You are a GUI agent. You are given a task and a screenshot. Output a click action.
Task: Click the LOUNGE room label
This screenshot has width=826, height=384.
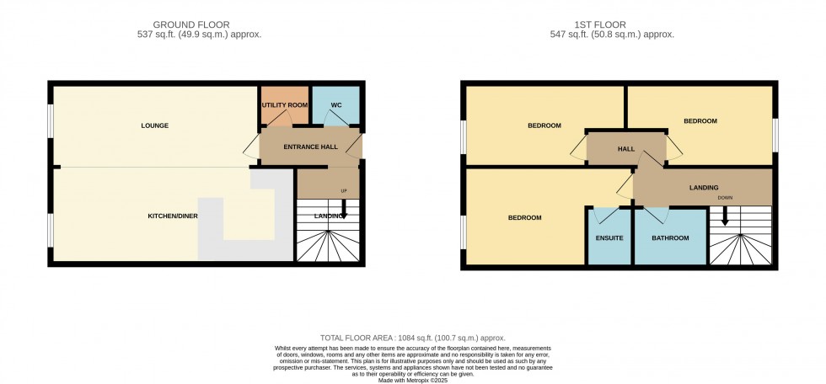[x=156, y=125]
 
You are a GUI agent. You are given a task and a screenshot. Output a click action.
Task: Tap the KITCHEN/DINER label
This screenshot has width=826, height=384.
[x=172, y=216]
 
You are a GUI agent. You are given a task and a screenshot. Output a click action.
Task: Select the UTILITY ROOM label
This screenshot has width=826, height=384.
[x=284, y=105]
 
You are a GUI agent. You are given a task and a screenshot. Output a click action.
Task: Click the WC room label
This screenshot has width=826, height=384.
[x=335, y=105]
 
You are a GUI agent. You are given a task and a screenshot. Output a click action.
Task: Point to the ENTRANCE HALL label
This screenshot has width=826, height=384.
[x=310, y=147]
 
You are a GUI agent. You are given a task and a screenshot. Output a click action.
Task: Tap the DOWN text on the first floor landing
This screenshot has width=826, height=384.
[x=725, y=198]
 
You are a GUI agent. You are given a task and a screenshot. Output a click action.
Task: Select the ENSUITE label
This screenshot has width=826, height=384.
[x=609, y=238]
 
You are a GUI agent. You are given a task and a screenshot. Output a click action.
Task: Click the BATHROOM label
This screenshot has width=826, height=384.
[x=670, y=238]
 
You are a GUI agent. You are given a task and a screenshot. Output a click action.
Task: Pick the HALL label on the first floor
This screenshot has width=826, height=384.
[x=626, y=149]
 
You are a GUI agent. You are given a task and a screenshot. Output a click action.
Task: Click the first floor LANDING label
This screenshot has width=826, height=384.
[x=703, y=187]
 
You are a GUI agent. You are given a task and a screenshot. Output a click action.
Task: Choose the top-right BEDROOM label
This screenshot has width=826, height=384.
[x=700, y=121]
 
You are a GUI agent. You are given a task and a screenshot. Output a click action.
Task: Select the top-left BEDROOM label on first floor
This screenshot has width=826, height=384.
[x=544, y=125]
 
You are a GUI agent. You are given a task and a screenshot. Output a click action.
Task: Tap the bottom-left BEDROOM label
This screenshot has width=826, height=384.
[x=524, y=217]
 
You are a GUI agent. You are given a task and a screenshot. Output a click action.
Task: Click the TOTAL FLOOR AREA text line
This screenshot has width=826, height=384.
[x=412, y=338]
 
